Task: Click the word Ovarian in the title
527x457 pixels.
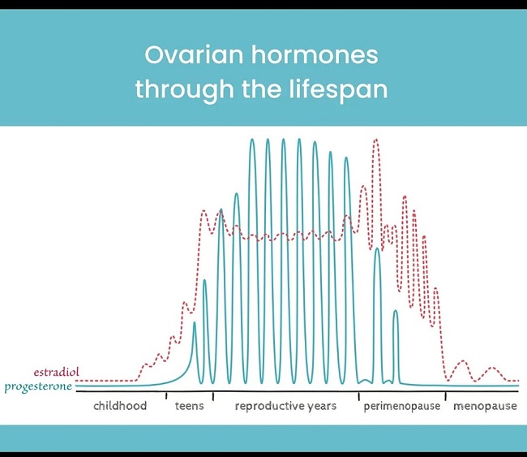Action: [194, 55]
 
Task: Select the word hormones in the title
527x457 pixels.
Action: [315, 55]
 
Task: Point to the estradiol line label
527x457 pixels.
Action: [57, 372]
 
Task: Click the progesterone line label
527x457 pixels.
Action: [38, 386]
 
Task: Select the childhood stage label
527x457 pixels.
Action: [120, 406]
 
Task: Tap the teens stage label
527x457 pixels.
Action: [189, 406]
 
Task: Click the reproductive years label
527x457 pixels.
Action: [285, 406]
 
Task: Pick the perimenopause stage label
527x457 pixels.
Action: [402, 406]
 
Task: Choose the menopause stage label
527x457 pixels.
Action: [485, 406]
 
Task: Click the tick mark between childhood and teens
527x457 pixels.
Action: [166, 396]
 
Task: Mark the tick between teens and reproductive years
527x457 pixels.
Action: [213, 396]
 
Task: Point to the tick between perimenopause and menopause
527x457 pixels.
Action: [446, 396]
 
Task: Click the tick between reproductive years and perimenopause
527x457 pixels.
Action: [358, 396]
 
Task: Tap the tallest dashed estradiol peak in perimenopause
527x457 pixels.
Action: [376, 140]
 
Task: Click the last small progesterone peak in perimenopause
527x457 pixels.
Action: [396, 311]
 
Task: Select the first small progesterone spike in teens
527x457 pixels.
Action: [195, 323]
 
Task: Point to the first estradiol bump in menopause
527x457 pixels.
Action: [463, 361]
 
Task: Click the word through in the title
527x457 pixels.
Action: [184, 89]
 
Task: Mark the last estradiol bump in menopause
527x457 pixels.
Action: [492, 368]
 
